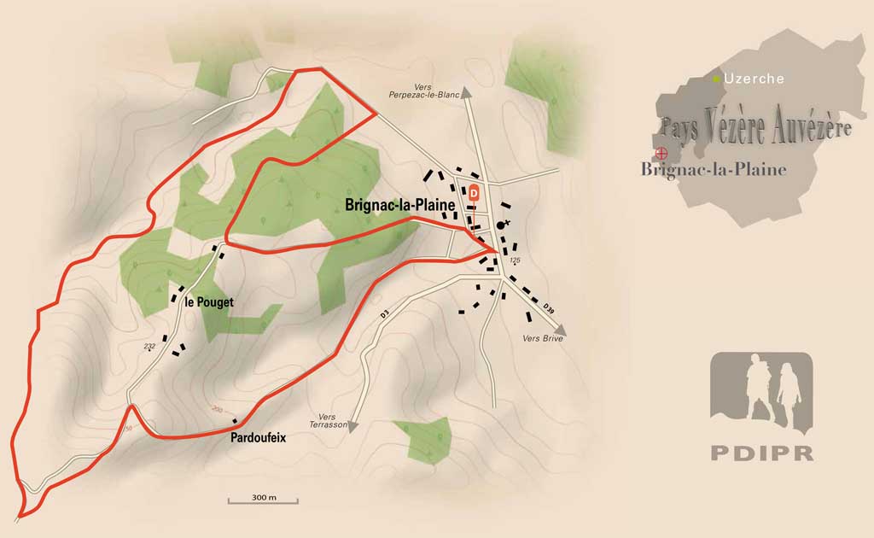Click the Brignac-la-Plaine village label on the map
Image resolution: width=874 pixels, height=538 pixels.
[399, 205]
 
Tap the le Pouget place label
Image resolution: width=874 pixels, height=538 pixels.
[208, 301]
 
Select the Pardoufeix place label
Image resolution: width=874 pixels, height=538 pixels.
[258, 437]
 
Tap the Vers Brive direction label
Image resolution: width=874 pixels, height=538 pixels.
[542, 338]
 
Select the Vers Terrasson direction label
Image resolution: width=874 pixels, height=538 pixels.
[327, 421]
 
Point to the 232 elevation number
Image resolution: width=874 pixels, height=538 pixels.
[149, 346]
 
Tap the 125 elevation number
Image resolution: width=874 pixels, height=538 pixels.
[514, 259]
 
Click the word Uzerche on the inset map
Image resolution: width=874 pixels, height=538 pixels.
[754, 79]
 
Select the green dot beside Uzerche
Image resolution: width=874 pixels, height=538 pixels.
[717, 79]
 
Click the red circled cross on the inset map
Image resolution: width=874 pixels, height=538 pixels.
[660, 155]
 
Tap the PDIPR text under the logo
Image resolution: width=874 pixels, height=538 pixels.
[761, 453]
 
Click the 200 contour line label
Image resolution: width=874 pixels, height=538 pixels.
[217, 411]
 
